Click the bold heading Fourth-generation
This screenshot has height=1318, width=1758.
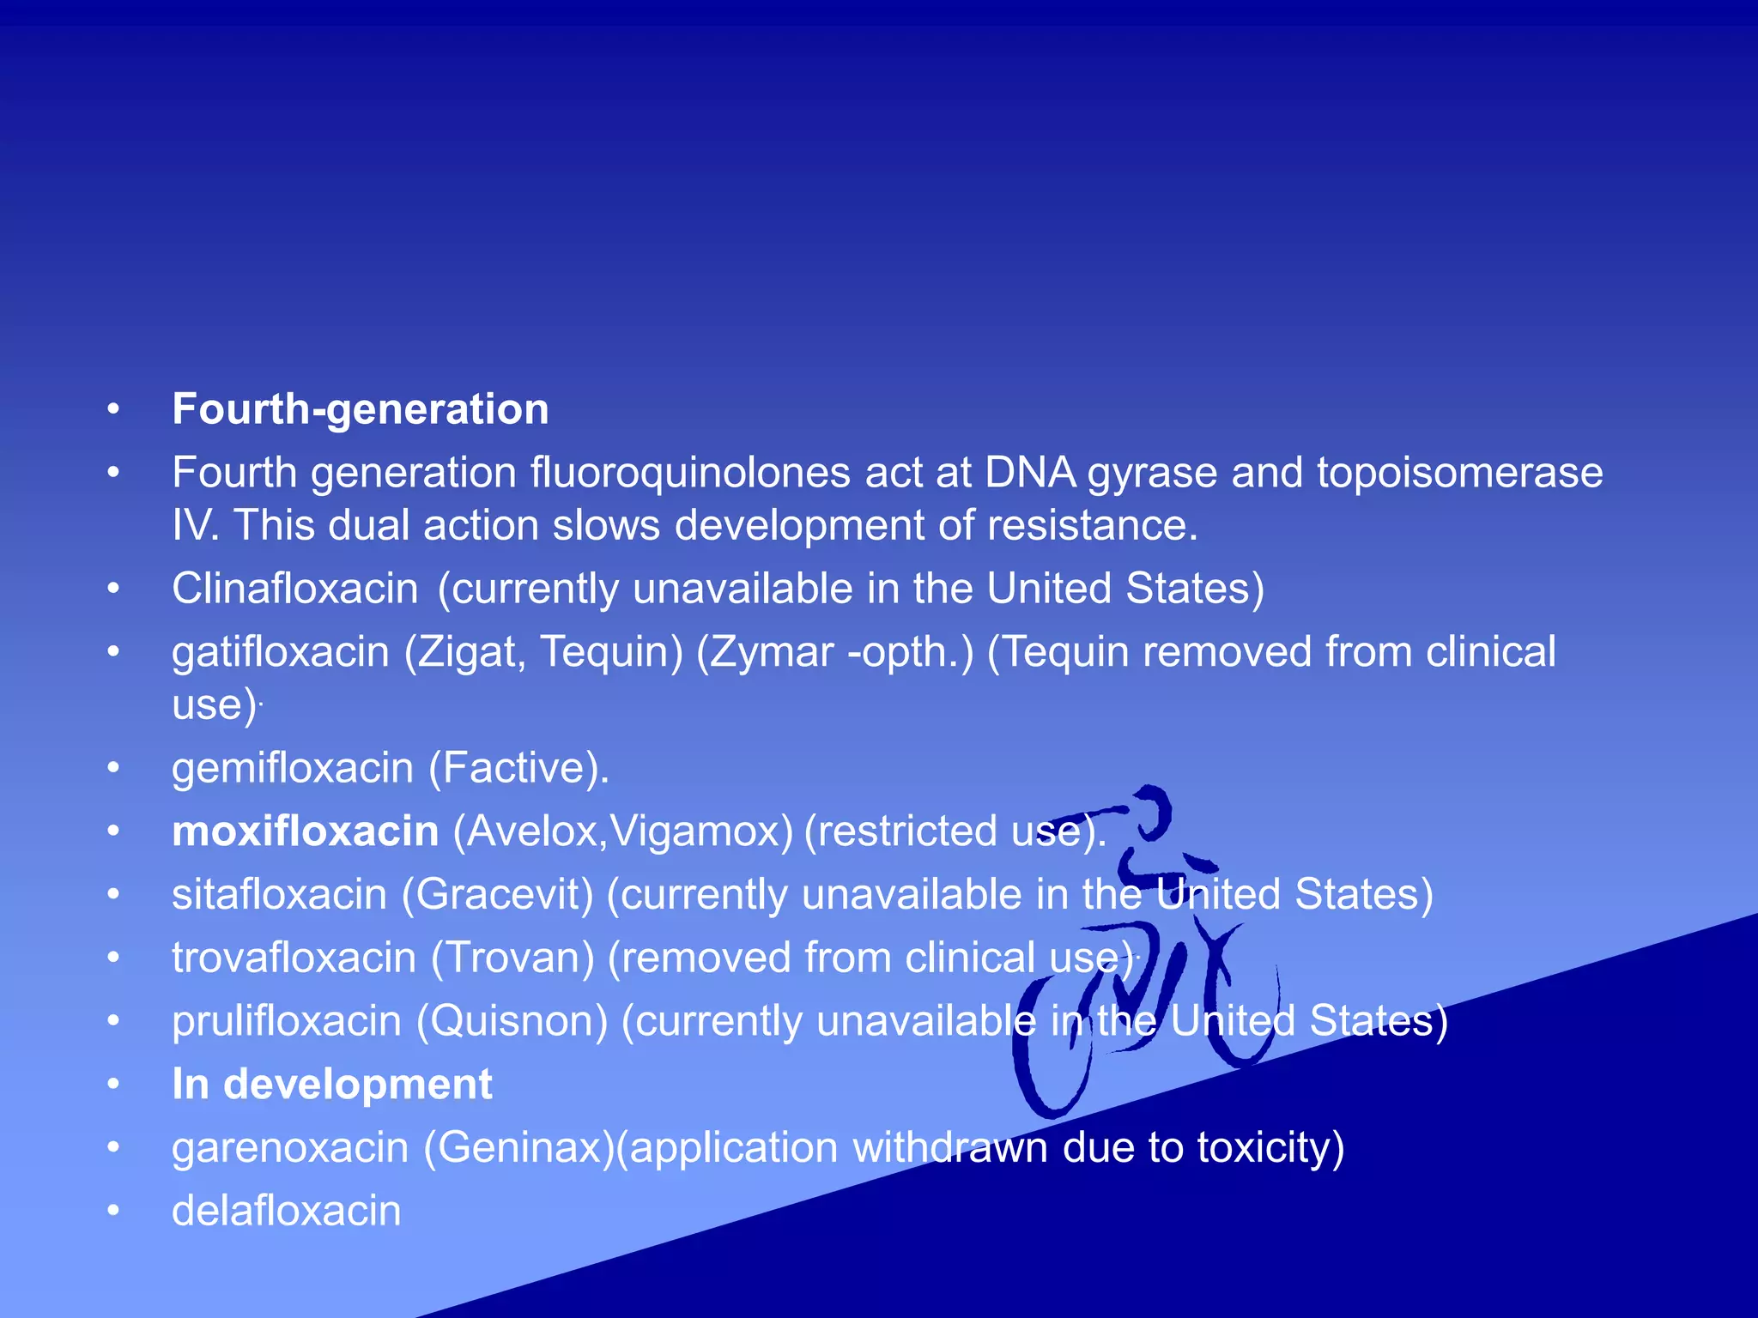[360, 409]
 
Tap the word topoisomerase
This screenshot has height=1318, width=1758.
[1459, 473]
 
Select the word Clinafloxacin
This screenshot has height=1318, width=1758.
[295, 589]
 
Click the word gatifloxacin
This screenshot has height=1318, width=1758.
[281, 652]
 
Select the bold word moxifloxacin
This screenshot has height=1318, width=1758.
[306, 831]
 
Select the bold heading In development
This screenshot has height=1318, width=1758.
[332, 1084]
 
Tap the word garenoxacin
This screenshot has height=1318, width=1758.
[290, 1148]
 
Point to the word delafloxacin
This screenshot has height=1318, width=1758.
[287, 1211]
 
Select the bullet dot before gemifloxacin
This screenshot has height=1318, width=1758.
[113, 767]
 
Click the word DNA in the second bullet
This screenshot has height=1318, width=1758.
[1030, 473]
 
